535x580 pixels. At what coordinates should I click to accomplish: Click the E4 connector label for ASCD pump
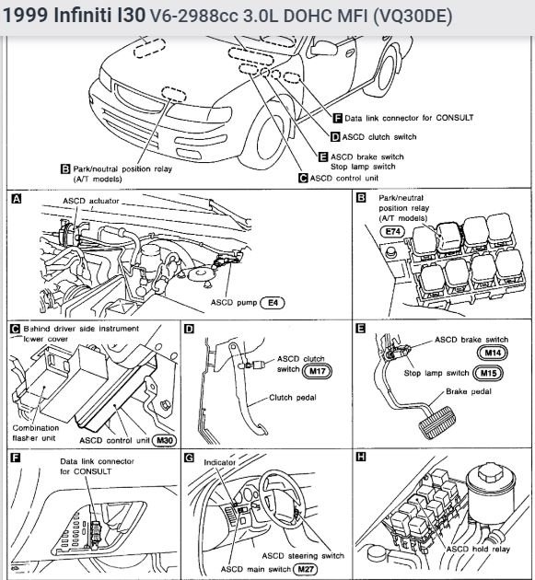pos(273,303)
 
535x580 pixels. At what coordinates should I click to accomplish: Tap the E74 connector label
pos(392,232)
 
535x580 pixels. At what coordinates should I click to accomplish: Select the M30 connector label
pos(164,440)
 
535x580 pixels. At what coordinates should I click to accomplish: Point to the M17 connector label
pos(317,371)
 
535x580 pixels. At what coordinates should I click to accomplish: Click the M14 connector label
pos(493,353)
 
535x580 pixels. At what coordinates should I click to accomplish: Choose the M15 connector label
pos(488,373)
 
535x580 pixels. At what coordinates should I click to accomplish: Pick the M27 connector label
pos(305,569)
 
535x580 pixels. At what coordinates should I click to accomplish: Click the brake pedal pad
pos(436,423)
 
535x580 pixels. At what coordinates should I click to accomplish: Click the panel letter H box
pos(361,457)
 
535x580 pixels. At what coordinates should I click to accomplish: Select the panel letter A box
pos(17,199)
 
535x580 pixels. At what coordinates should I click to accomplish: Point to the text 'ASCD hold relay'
pos(478,549)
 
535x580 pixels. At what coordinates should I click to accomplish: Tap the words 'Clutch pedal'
pos(293,398)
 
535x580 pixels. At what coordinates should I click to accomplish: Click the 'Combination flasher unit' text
pos(36,433)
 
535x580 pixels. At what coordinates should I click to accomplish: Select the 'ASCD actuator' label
pos(91,201)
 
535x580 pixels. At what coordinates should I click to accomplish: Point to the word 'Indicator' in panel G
pos(219,462)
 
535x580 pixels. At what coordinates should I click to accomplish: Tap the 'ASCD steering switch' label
pos(303,555)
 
